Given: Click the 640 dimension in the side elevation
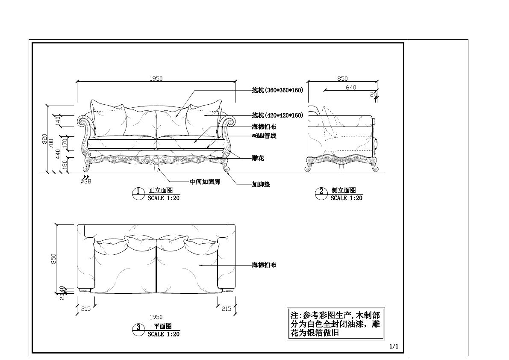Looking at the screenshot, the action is pyautogui.click(x=351, y=87).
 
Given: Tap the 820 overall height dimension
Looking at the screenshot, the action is pyautogui.click(x=44, y=139).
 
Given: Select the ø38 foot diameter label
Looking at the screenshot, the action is pyautogui.click(x=86, y=181).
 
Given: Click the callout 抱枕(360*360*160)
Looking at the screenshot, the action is pyautogui.click(x=277, y=90).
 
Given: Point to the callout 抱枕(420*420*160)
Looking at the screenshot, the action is pyautogui.click(x=277, y=115).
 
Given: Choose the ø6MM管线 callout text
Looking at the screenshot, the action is pyautogui.click(x=264, y=136).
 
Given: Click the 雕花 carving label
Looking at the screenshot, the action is pyautogui.click(x=258, y=158).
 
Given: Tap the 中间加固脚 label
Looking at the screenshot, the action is pyautogui.click(x=205, y=182).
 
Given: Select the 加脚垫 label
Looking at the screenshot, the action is pyautogui.click(x=261, y=184).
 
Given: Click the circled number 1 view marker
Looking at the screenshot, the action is pyautogui.click(x=138, y=192).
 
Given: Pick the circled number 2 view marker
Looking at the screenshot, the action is pyautogui.click(x=321, y=192).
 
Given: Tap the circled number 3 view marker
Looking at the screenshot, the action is pyautogui.click(x=138, y=328).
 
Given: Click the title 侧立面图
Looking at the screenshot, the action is pyautogui.click(x=344, y=190).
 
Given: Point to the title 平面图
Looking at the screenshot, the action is pyautogui.click(x=163, y=326).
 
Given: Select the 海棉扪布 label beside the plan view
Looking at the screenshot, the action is pyautogui.click(x=264, y=265).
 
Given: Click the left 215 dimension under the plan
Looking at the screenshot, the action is pyautogui.click(x=86, y=309).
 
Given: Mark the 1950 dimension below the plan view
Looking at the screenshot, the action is pyautogui.click(x=156, y=317).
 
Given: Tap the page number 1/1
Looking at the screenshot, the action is pyautogui.click(x=394, y=346).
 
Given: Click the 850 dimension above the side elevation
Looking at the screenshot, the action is pyautogui.click(x=342, y=79).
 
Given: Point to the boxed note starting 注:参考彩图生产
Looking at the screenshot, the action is pyautogui.click(x=335, y=324).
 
